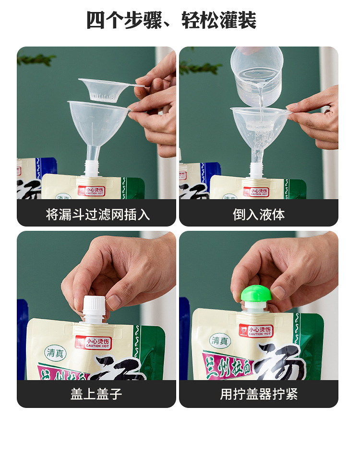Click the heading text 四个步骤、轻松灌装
[x=171, y=20]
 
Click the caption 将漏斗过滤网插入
[x=97, y=214]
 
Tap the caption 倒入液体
[x=259, y=214]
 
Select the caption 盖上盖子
[x=96, y=394]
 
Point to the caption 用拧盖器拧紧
[x=259, y=394]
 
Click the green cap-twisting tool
[x=256, y=294]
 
